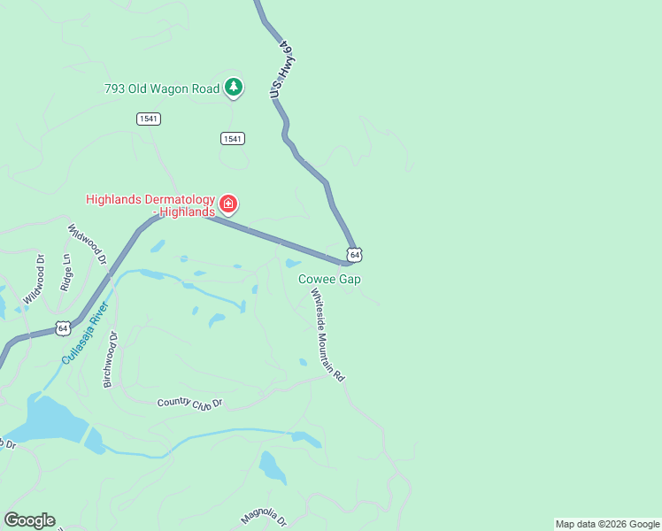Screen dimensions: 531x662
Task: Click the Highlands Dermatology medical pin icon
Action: pos(228,204)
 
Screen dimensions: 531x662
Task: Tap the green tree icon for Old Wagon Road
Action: pos(233,87)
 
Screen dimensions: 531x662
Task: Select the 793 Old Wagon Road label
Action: pos(160,88)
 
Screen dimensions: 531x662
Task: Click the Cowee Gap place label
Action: pos(329,279)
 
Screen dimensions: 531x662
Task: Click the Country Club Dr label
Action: pos(190,403)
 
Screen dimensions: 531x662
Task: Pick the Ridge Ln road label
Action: pos(65,273)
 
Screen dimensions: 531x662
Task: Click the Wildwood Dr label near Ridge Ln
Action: pos(88,244)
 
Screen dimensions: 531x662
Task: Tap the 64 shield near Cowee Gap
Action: pos(354,255)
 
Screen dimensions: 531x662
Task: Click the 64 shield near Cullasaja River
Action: pos(62,327)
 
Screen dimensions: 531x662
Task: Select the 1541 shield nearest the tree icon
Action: pos(233,138)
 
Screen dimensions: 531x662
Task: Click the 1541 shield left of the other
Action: pos(149,119)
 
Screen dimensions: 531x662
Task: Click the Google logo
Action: pos(29,520)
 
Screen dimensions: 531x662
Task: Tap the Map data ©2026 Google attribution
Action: pos(607,524)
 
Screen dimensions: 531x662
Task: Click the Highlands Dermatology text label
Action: pos(150,205)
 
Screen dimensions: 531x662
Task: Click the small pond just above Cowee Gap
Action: pos(293,263)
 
